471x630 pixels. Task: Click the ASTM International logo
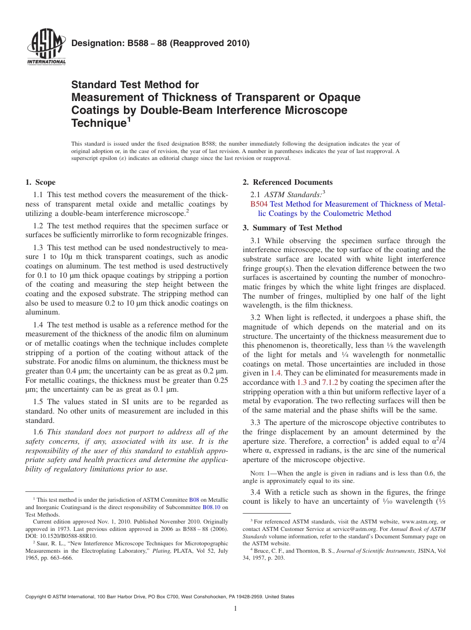(x=46, y=48)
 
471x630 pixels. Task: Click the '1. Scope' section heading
(x=41, y=182)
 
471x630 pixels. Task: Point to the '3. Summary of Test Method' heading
(x=292, y=228)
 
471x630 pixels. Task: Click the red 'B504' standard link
(x=259, y=204)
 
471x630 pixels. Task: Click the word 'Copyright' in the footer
(x=37, y=597)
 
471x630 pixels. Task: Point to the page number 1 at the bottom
(x=235, y=609)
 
